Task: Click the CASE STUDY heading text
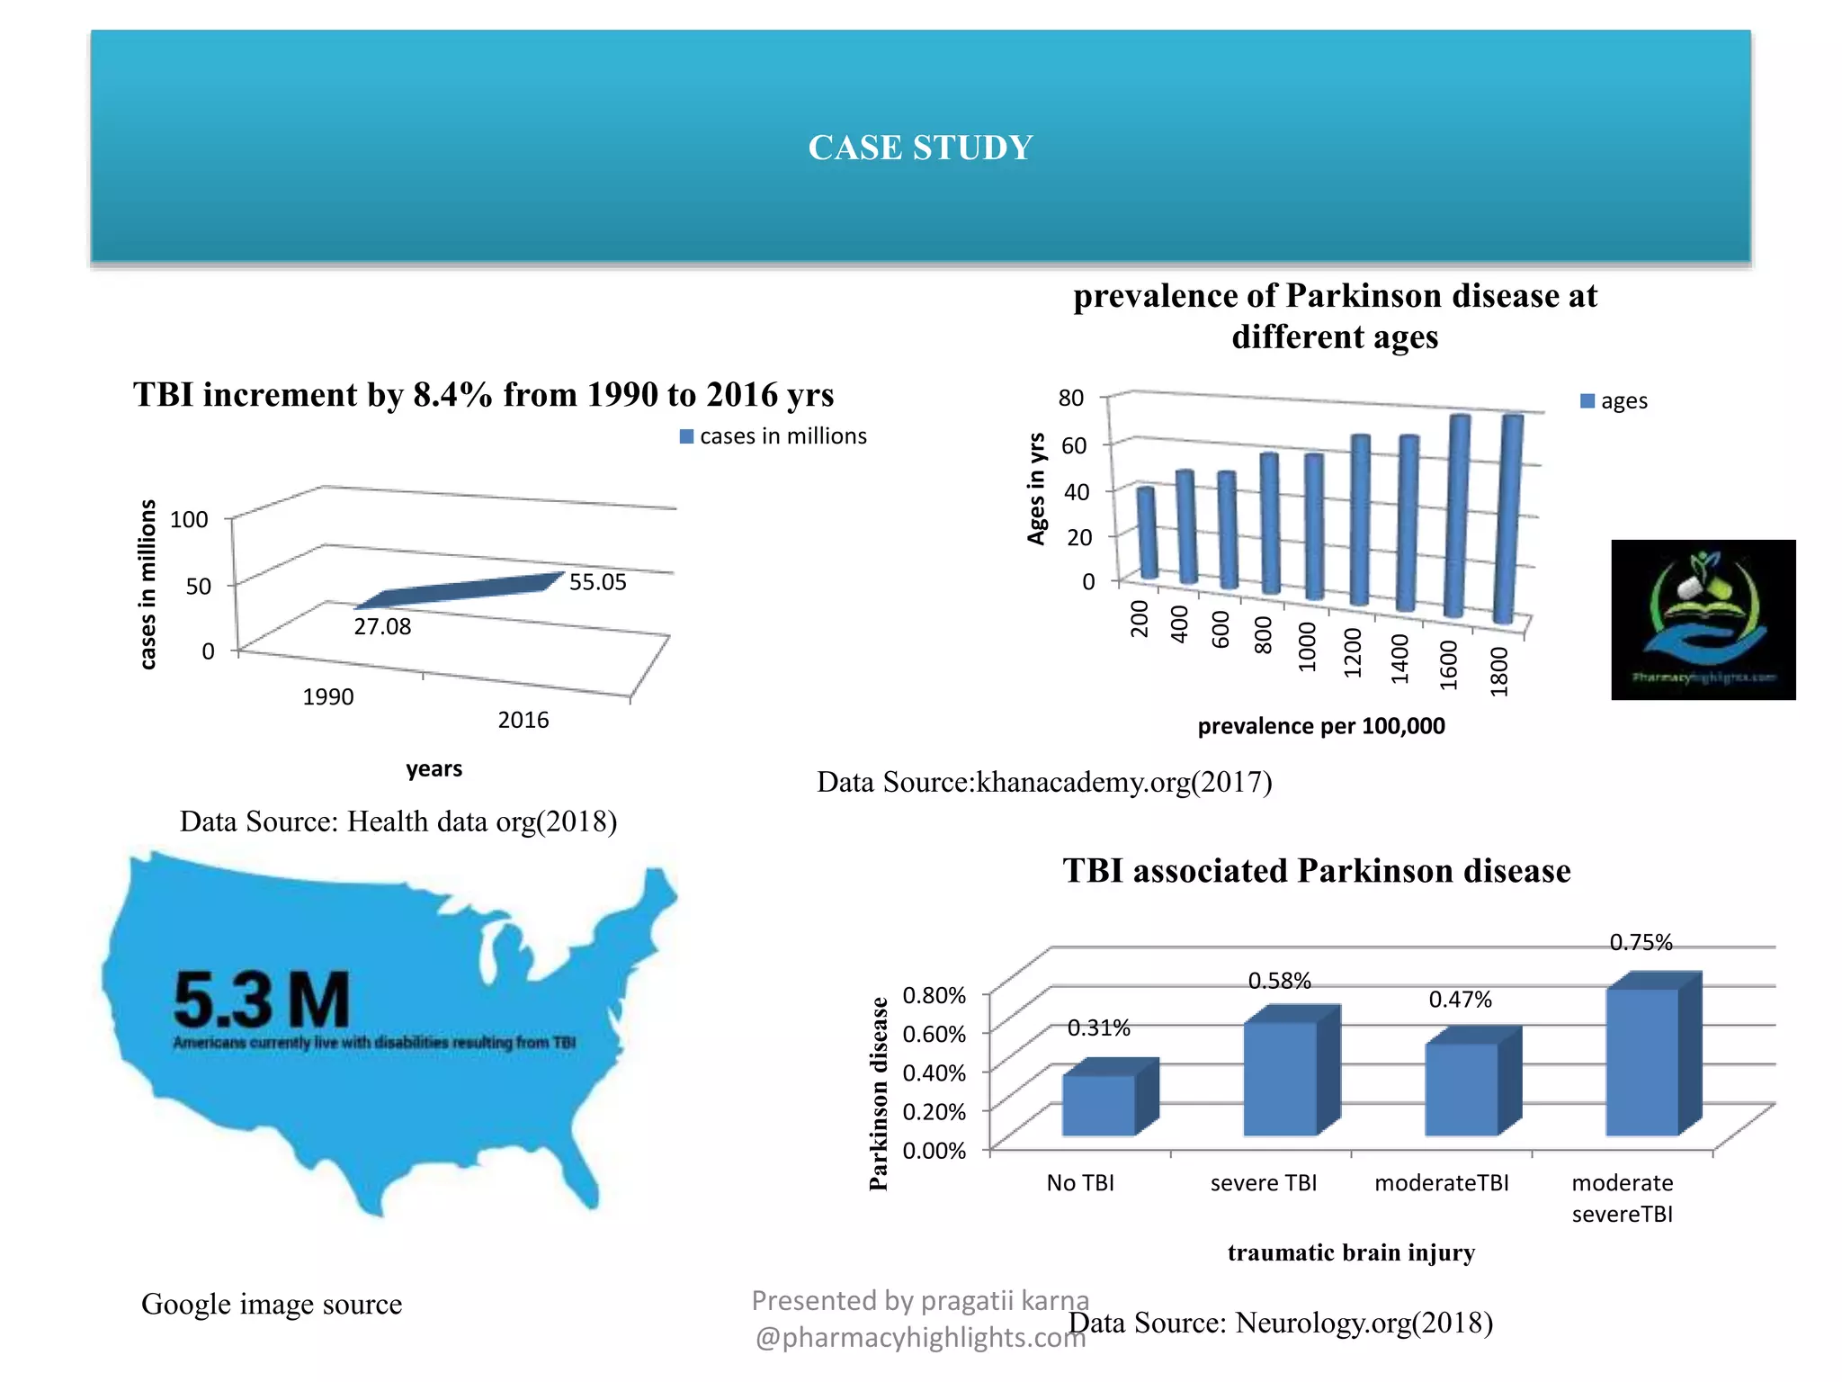click(920, 148)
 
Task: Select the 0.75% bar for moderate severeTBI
click(1642, 1062)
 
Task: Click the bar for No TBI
click(1099, 1105)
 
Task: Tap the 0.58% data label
click(1279, 981)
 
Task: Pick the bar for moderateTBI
click(1462, 1089)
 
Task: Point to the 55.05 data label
click(597, 582)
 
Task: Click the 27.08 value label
click(382, 626)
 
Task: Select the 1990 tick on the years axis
click(328, 696)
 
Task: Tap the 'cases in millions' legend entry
click(773, 436)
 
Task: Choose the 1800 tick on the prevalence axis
click(1498, 671)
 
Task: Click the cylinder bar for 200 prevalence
click(1147, 533)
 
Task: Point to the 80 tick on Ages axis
click(1071, 398)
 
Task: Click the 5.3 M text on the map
click(261, 1001)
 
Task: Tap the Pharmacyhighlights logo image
click(1703, 619)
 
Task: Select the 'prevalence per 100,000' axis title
click(1320, 726)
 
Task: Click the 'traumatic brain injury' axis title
click(1351, 1252)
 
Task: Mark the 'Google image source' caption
click(272, 1304)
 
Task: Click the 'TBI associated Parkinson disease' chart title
click(1317, 871)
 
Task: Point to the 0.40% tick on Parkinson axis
click(934, 1072)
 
